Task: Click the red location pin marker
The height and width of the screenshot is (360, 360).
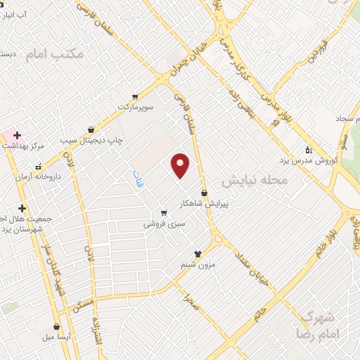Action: [181, 165]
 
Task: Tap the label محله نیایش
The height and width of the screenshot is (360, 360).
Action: [255, 181]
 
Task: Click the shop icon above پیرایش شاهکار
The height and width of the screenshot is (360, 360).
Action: [204, 193]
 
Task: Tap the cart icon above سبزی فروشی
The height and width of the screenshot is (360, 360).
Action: [163, 213]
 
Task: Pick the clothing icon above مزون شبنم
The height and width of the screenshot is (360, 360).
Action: [198, 255]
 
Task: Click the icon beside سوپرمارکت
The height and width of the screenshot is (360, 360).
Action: [134, 98]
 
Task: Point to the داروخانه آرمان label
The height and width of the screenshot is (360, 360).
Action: [39, 178]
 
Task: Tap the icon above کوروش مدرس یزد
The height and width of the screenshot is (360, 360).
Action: [307, 150]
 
